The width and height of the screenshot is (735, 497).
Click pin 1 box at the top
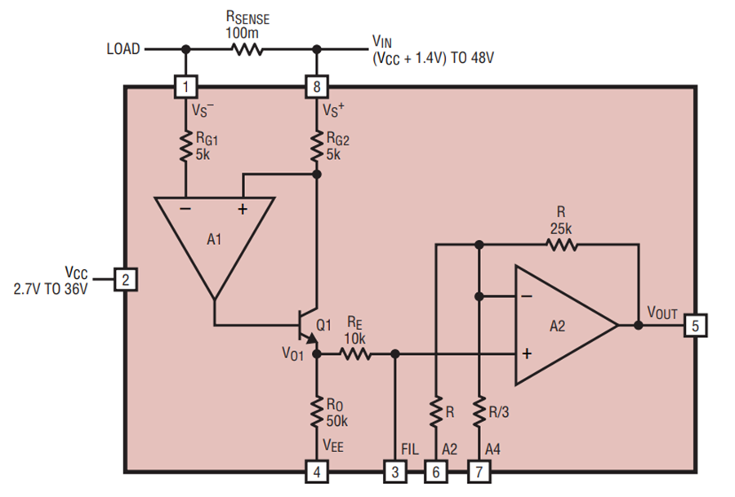pos(187,86)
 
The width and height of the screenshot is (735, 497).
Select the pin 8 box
pos(315,86)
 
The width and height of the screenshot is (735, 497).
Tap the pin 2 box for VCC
pos(125,280)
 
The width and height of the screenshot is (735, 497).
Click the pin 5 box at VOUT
pos(696,325)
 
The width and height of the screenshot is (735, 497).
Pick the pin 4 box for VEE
pos(315,471)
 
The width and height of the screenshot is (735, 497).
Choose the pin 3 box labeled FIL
pos(394,471)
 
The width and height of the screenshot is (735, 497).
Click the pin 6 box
pos(437,471)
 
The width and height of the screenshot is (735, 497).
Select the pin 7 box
pos(478,471)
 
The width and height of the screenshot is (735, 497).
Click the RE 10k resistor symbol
pos(355,354)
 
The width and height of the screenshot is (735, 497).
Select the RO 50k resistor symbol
pos(315,412)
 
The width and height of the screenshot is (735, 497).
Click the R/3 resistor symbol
pos(478,411)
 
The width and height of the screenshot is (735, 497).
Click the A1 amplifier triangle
pos(214,241)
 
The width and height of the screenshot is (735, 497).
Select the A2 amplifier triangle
pos(559,325)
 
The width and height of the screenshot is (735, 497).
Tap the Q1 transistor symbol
pos(309,326)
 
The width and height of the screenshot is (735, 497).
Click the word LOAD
pos(123,49)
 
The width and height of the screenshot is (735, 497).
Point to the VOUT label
pos(663,312)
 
